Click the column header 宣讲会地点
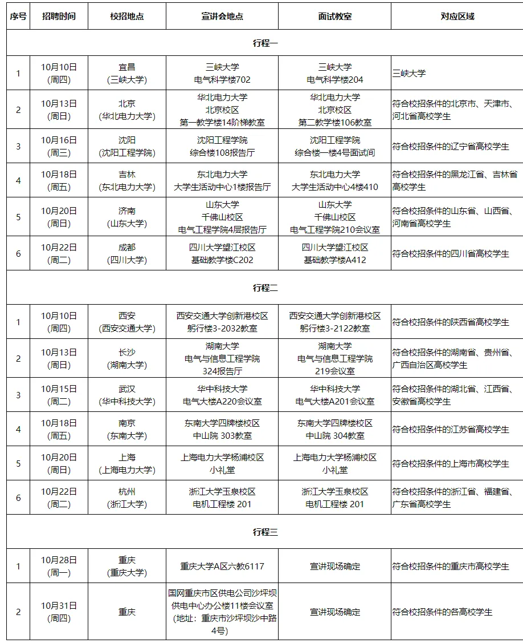(x=222, y=17)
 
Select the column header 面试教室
(x=334, y=17)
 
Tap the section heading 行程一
(x=265, y=43)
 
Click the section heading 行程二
(x=265, y=288)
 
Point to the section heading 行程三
(x=265, y=532)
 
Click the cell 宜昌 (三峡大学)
(x=126, y=74)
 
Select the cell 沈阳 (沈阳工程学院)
(x=126, y=146)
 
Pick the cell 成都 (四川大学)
(x=126, y=253)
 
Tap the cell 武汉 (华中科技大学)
(x=126, y=395)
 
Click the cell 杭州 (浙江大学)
(x=126, y=498)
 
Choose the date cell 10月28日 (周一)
(x=59, y=566)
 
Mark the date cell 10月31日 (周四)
(x=59, y=612)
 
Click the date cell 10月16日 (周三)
(x=59, y=146)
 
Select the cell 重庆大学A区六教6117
(x=222, y=567)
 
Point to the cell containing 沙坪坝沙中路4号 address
(x=222, y=612)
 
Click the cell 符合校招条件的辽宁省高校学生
(x=451, y=146)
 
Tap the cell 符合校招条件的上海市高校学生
(x=451, y=464)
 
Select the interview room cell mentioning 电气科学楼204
(x=334, y=74)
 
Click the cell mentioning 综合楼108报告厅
(x=222, y=146)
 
